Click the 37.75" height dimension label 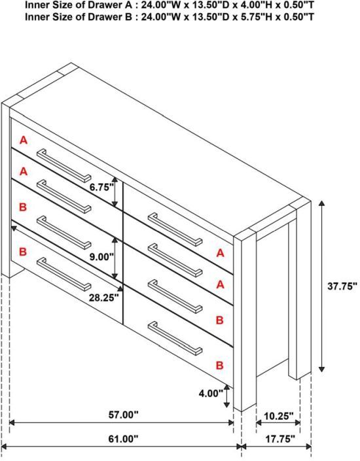click(x=342, y=286)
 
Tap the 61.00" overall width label click(x=123, y=439)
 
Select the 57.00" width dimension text click(x=123, y=415)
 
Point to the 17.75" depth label click(x=280, y=439)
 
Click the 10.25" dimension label click(x=278, y=416)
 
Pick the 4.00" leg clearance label click(x=211, y=393)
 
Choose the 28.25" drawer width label click(x=104, y=298)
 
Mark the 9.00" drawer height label click(x=101, y=257)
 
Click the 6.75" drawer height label click(x=101, y=187)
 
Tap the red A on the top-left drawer click(x=24, y=140)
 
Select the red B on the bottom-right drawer click(x=219, y=365)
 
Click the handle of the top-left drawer click(x=64, y=165)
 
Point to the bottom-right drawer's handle click(x=175, y=338)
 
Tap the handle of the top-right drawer click(x=175, y=230)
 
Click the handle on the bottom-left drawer click(x=64, y=274)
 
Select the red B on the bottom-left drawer click(x=23, y=252)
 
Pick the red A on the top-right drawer click(x=220, y=253)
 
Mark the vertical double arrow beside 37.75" click(x=322, y=286)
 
